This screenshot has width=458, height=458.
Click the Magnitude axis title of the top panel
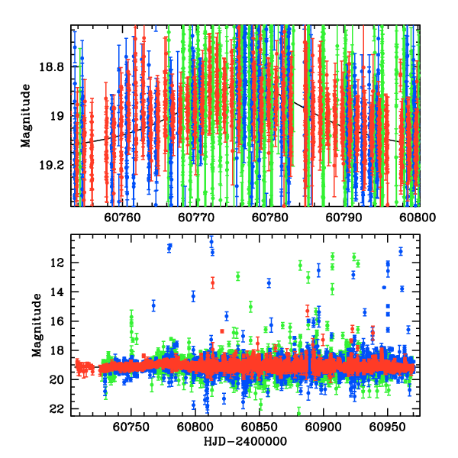(x=26, y=115)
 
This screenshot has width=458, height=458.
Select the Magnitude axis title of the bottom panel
(x=36, y=327)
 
